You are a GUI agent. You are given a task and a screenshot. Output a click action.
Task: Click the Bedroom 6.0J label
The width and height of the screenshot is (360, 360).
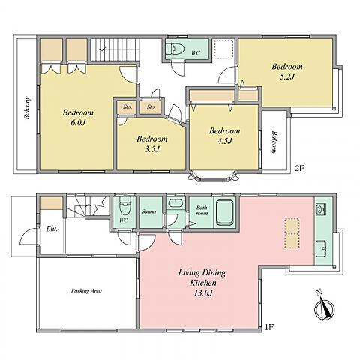click(x=78, y=117)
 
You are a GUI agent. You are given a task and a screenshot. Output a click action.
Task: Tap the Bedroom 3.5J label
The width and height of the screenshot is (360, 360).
click(x=152, y=144)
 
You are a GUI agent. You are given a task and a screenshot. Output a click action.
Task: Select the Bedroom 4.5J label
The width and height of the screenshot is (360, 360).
click(x=225, y=136)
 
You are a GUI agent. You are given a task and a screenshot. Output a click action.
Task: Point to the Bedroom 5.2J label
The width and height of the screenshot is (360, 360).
click(x=287, y=71)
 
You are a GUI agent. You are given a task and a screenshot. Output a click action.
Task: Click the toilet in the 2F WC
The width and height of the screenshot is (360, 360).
click(x=175, y=49)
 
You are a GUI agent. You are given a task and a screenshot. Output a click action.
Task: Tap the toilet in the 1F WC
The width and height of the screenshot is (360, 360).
click(x=124, y=205)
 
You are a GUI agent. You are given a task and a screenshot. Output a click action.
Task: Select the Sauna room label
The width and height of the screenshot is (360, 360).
click(x=149, y=211)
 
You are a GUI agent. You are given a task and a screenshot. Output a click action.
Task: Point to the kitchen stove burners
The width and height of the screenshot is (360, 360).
click(x=321, y=209)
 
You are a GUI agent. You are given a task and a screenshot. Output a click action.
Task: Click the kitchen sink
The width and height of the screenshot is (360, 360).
click(x=321, y=248)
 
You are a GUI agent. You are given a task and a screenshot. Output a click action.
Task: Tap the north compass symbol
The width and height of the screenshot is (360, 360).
click(x=324, y=306)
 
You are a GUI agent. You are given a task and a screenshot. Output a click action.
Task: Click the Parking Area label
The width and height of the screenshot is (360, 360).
click(x=86, y=291)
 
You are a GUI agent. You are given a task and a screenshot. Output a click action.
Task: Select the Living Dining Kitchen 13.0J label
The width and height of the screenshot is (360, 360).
click(x=202, y=283)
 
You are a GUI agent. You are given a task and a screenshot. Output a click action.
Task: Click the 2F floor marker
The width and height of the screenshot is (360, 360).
click(x=299, y=168)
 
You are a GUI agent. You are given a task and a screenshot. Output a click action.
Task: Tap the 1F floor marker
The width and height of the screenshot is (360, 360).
click(x=269, y=327)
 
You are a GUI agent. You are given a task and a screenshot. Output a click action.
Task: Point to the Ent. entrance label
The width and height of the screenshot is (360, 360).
click(x=52, y=229)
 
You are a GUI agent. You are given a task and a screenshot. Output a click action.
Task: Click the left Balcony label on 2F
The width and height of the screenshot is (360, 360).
click(x=27, y=108)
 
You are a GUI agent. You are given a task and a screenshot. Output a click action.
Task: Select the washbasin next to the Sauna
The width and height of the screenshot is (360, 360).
click(x=175, y=202)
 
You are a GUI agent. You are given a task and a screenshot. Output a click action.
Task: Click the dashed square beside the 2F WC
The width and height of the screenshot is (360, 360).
click(x=223, y=49)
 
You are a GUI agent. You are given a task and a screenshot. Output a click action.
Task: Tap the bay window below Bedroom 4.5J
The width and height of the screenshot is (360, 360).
click(x=212, y=176)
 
